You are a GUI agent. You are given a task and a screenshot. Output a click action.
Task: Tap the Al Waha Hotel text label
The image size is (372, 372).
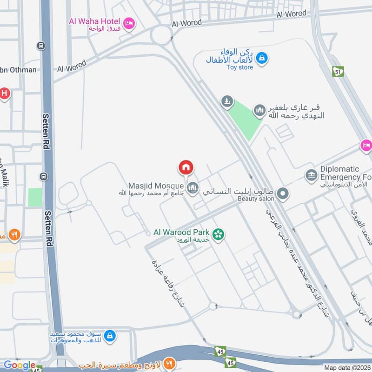point(95,20)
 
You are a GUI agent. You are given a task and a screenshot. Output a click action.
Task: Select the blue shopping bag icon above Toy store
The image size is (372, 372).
point(262,58)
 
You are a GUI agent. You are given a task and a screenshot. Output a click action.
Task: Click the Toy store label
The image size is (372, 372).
point(240,67)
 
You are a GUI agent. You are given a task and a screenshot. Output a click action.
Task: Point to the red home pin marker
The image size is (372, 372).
point(186,167)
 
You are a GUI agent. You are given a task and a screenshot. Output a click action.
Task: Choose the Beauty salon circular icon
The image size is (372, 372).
point(282,193)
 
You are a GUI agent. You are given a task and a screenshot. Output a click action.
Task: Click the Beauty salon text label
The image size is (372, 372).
point(256,199)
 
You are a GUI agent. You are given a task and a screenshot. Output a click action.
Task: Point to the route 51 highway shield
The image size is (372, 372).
point(338,71)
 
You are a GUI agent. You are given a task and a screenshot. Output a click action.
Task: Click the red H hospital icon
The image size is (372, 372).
point(4,93)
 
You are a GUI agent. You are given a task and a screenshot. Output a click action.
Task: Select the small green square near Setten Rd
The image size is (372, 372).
point(35,197)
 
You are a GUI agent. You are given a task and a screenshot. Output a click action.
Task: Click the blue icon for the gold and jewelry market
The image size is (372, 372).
point(110,335)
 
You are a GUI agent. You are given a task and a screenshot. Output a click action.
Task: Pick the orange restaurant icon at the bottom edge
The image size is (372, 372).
point(170,363)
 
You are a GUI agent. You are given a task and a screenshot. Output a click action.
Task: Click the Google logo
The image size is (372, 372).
point(20,365)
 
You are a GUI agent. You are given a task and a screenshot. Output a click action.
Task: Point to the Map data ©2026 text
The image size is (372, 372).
point(346,368)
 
